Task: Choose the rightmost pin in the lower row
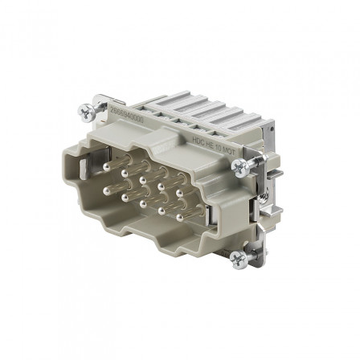pyautogui.click(x=178, y=217)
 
